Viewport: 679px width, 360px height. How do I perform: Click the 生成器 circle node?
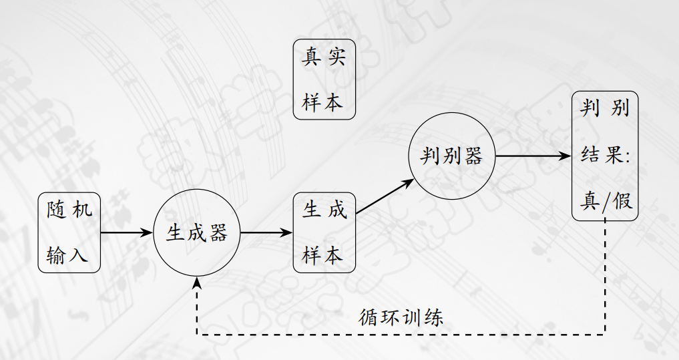(196, 232)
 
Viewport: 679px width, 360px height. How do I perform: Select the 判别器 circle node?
(452, 156)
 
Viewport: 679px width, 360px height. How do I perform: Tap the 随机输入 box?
(69, 232)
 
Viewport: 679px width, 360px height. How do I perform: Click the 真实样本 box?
(324, 79)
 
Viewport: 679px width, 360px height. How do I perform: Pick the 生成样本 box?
(324, 232)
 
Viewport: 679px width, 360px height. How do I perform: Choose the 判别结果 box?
(605, 156)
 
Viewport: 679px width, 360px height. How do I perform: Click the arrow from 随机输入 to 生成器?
(127, 232)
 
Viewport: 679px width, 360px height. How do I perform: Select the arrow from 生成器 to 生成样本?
(266, 232)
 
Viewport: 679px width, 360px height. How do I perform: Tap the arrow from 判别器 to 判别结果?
(534, 156)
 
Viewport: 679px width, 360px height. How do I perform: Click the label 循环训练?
(401, 317)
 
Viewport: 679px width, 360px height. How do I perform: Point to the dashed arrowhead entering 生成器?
(196, 282)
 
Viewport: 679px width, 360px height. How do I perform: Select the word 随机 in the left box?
(69, 210)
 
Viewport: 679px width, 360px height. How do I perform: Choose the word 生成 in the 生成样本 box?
(324, 210)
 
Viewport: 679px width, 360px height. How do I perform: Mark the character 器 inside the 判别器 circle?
(472, 156)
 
